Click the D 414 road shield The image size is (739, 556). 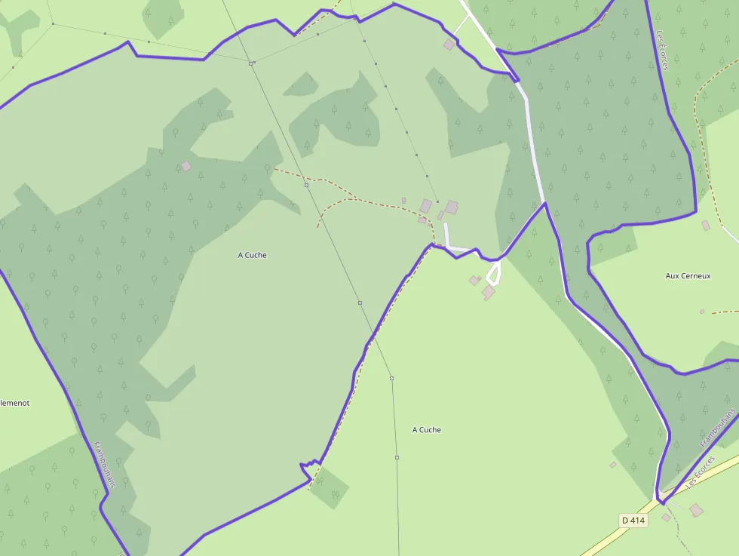pyautogui.click(x=634, y=521)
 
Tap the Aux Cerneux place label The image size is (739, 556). pyautogui.click(x=688, y=276)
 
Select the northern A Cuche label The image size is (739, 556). pyautogui.click(x=252, y=255)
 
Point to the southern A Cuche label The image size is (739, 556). pyautogui.click(x=427, y=430)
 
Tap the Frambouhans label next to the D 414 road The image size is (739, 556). pyautogui.click(x=717, y=429)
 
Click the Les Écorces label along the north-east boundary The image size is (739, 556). pyautogui.click(x=662, y=51)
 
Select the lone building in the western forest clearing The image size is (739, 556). pyautogui.click(x=186, y=166)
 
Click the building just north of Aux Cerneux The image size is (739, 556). pyautogui.click(x=706, y=225)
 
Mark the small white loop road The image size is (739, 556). pyautogui.click(x=493, y=272)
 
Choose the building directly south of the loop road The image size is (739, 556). pyautogui.click(x=489, y=292)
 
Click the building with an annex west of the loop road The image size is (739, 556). pyautogui.click(x=474, y=281)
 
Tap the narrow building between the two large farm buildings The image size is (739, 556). pyautogui.click(x=441, y=216)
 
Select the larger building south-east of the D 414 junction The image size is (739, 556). pyautogui.click(x=696, y=511)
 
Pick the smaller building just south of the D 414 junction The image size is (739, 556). pyautogui.click(x=666, y=518)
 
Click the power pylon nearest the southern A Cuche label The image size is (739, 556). pyautogui.click(x=397, y=457)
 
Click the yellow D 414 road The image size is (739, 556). pyautogui.click(x=603, y=542)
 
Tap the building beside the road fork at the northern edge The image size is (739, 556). pyautogui.click(x=449, y=45)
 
